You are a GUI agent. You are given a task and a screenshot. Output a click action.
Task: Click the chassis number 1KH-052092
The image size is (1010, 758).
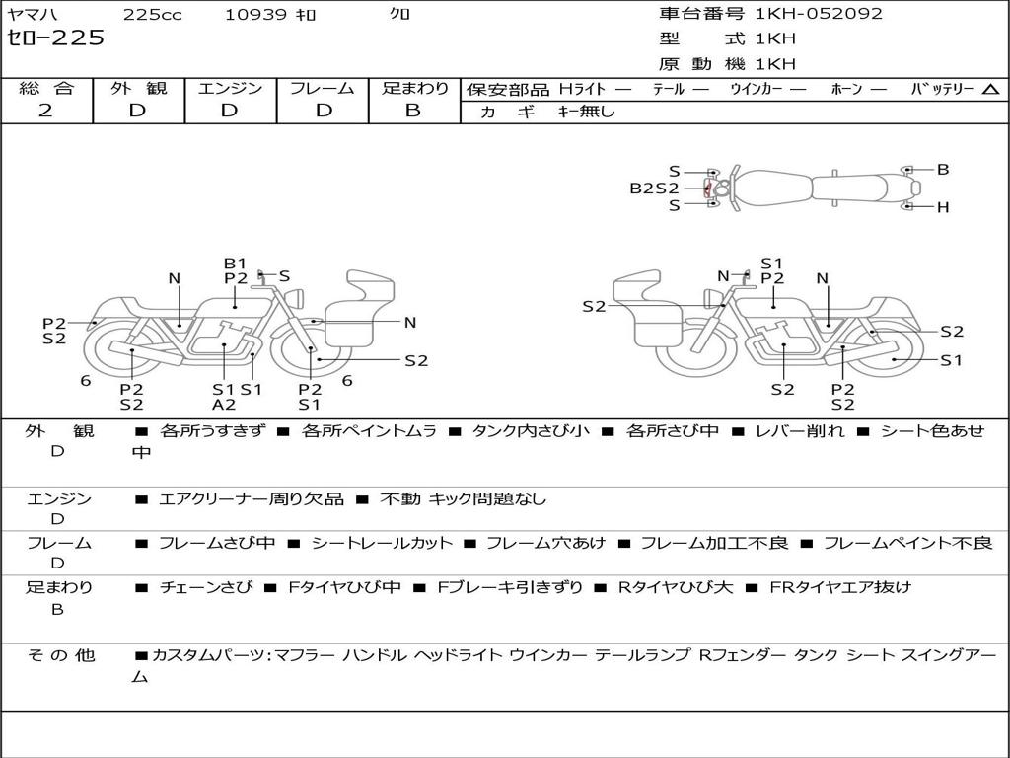coord(819,13)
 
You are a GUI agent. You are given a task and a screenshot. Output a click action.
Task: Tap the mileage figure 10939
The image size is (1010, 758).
coord(255,14)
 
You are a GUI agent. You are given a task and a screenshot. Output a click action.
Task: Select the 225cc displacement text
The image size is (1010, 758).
coord(153,14)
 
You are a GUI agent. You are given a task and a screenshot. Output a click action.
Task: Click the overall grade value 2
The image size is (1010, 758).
coord(45,111)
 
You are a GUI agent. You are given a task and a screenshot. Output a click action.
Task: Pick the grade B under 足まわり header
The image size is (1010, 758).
coord(413,111)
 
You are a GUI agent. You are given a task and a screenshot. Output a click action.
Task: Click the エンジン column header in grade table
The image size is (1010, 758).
coord(231,88)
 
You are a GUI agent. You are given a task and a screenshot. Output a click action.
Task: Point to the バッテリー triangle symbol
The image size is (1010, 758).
coord(991,90)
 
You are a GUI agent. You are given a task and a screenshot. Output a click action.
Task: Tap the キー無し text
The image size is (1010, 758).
coord(586,112)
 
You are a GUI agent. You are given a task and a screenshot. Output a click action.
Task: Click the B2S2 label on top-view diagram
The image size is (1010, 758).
coord(654,189)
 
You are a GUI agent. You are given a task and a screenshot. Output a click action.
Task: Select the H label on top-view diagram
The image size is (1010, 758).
coord(943,207)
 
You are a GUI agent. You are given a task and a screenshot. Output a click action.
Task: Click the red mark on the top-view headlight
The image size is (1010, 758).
coord(706,189)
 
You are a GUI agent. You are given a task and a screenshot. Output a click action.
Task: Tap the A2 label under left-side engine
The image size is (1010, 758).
coord(224,405)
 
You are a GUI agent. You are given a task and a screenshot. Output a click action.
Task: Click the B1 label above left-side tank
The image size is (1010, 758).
coord(235,263)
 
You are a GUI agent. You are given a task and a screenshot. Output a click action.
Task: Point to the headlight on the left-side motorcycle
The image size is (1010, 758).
coord(296,298)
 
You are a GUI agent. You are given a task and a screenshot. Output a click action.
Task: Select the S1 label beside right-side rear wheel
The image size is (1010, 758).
coord(951,360)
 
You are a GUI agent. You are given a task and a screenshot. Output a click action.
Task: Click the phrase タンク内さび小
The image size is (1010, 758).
coord(531,431)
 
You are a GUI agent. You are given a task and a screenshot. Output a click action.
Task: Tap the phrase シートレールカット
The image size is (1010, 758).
coord(382,544)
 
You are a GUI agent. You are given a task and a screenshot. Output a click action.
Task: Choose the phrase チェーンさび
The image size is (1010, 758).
coord(206,588)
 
